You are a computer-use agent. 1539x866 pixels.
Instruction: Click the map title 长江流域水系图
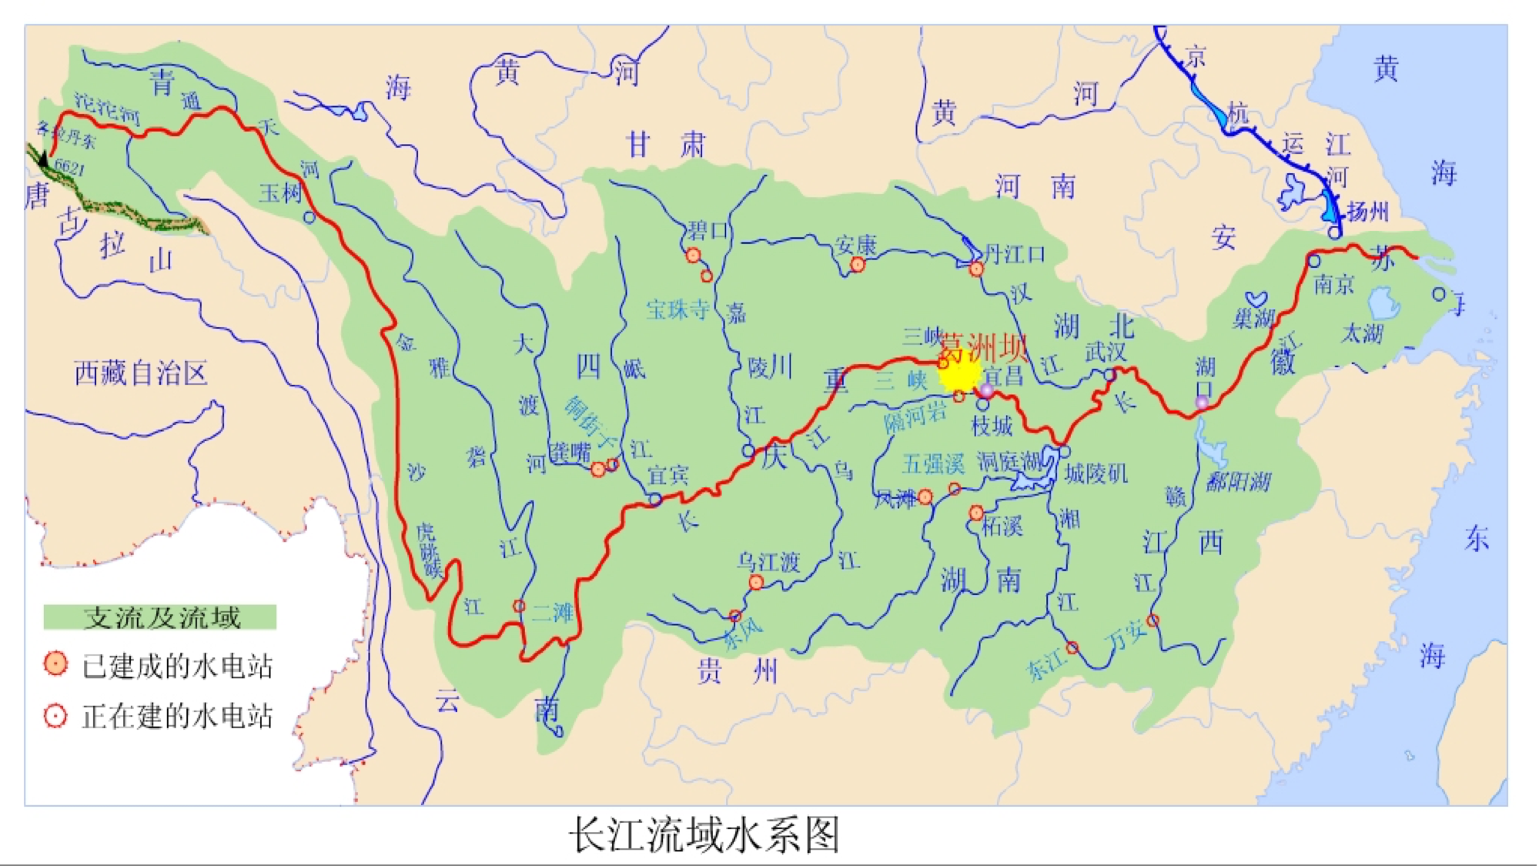704,835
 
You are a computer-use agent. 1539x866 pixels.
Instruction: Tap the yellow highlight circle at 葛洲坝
959,374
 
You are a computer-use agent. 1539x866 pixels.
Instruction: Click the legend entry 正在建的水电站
176,717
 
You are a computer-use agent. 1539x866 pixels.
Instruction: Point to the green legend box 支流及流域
160,617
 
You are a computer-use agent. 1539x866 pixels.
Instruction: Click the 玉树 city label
280,193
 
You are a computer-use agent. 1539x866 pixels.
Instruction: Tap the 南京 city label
1333,285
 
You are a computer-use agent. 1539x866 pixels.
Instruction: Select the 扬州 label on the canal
1367,212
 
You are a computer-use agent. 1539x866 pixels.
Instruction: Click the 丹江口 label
1014,254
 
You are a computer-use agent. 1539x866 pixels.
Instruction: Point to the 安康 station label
855,246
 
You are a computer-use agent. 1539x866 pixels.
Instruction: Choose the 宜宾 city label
667,475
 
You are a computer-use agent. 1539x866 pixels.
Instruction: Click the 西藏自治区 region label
141,373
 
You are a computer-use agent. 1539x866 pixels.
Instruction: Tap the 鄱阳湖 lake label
1238,483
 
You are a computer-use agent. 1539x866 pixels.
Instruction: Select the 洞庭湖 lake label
1008,462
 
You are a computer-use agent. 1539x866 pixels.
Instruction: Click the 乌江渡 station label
768,562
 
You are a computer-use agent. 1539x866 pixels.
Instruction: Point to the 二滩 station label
553,613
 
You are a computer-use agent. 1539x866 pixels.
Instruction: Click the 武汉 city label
1106,352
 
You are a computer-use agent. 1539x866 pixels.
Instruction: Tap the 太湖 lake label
1362,333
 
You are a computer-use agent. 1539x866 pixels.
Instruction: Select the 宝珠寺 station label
677,309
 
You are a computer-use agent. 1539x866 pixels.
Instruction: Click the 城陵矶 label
1096,473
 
